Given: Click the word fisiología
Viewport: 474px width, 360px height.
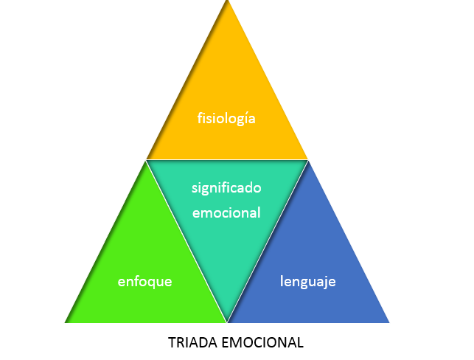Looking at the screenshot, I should click(x=226, y=117).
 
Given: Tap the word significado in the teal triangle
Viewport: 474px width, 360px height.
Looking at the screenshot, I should click(x=226, y=187).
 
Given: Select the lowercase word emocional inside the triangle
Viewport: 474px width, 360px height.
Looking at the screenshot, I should click(x=226, y=212).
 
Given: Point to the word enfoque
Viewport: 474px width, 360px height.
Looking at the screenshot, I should click(x=144, y=281).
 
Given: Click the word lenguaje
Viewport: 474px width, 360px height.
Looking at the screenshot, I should click(x=308, y=281).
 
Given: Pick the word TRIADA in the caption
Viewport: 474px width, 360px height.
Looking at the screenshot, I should click(x=189, y=342).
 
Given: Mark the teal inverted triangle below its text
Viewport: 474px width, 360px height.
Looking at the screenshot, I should click(x=226, y=266).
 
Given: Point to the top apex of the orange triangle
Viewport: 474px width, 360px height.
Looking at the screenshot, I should click(x=227, y=2).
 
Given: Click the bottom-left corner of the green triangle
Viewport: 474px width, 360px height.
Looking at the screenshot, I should click(x=66, y=322).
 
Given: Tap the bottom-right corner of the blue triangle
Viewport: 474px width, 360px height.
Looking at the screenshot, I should click(x=388, y=322).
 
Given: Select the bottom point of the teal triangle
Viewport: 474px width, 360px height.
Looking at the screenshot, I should click(x=227, y=322).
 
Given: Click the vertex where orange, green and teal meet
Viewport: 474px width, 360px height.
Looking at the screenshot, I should click(x=146, y=160).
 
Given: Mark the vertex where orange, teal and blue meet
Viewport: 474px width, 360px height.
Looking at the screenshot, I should click(x=307, y=160).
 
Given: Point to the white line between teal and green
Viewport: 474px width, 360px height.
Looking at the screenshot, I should click(x=187, y=241).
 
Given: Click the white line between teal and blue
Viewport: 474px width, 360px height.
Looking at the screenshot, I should click(x=267, y=241).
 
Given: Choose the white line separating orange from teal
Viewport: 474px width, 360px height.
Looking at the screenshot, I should click(x=226, y=160).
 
